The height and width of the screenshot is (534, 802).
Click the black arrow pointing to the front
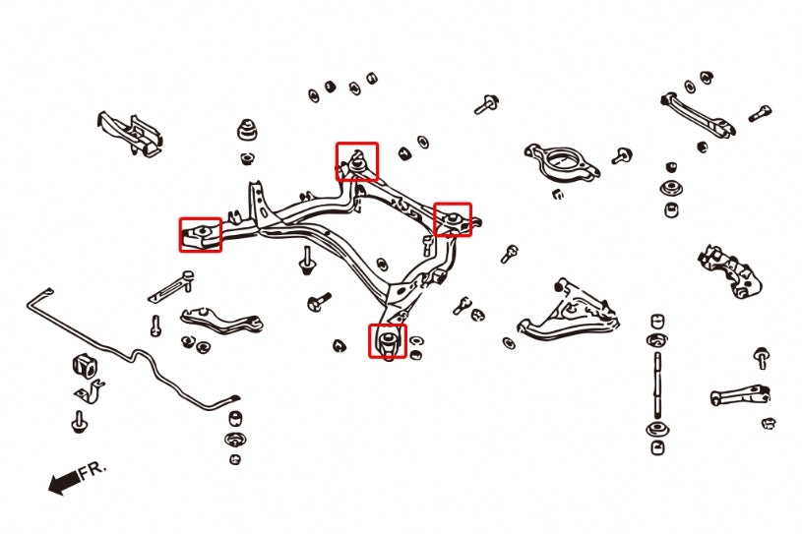pos(62,482)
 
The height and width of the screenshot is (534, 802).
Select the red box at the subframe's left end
pos(200,234)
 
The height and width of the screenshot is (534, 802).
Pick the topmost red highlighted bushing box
pos(356,160)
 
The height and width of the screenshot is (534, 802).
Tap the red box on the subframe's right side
pos(453,219)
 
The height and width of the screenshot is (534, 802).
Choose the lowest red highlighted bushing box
pos(387,340)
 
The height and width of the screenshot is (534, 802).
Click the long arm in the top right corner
pos(698,113)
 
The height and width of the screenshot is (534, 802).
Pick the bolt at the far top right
pos(760,113)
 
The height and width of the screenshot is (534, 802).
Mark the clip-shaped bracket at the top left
pos(130,133)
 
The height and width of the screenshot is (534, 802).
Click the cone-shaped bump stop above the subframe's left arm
pos(247,131)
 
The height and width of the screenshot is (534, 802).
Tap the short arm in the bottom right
pos(740,393)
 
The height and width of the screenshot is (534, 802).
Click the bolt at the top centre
pos(485,104)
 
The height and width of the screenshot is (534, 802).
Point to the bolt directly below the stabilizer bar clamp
pos(78,423)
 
